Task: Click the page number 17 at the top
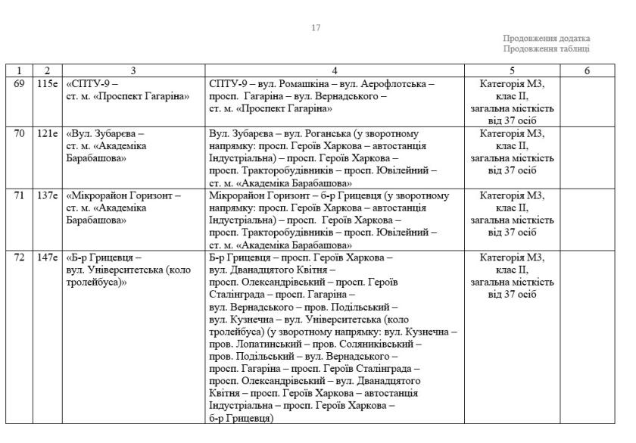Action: tap(316, 28)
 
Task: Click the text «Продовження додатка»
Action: tap(546, 39)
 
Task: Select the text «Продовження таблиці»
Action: tap(546, 49)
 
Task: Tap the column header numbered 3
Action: tap(133, 71)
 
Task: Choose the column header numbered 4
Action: tap(335, 71)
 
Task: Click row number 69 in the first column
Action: tap(20, 83)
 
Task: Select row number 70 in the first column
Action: tap(20, 133)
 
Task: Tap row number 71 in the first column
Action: tap(20, 195)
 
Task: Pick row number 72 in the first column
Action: tap(20, 257)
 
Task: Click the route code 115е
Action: tap(47, 83)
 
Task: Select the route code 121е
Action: tap(47, 133)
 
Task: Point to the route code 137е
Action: tap(47, 195)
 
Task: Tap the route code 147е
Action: tap(47, 257)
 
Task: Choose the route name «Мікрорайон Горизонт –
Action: tap(124, 195)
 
